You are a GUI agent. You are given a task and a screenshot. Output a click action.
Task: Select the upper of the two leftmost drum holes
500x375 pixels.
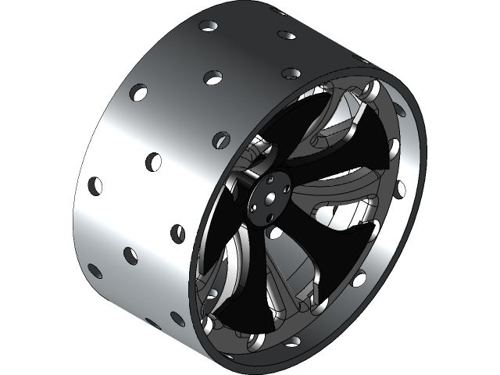(x=95, y=186)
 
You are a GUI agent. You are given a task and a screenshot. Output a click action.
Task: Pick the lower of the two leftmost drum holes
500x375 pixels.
(x=95, y=271)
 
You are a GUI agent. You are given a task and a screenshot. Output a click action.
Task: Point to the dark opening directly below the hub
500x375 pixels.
(x=275, y=231)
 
